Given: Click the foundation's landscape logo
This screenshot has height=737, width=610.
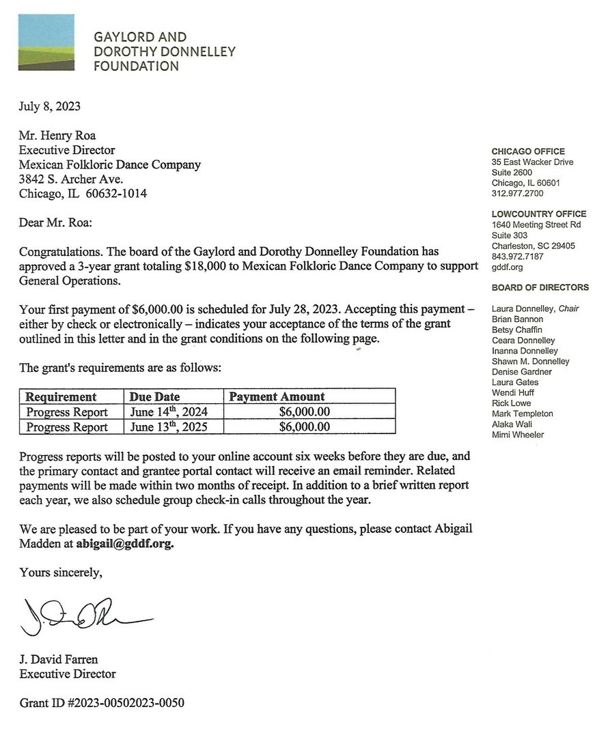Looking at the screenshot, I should click(x=46, y=42).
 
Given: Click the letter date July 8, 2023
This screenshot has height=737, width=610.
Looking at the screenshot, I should click(x=50, y=106).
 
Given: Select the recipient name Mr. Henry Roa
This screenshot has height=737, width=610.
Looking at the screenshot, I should click(x=57, y=136).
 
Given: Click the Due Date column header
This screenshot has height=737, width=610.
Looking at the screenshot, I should click(x=154, y=396).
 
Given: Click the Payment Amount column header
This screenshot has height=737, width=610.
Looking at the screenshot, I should click(x=277, y=396).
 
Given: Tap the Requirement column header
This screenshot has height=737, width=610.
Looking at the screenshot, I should click(x=61, y=396).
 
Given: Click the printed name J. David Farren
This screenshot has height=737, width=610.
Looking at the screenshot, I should click(x=59, y=659).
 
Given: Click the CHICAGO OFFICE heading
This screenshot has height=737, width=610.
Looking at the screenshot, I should click(x=528, y=151).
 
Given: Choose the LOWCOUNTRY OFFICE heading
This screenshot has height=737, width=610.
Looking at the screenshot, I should click(x=539, y=214).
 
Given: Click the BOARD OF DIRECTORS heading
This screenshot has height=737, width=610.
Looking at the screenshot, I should click(x=540, y=287).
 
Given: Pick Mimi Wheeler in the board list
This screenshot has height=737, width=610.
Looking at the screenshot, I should click(x=518, y=435).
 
